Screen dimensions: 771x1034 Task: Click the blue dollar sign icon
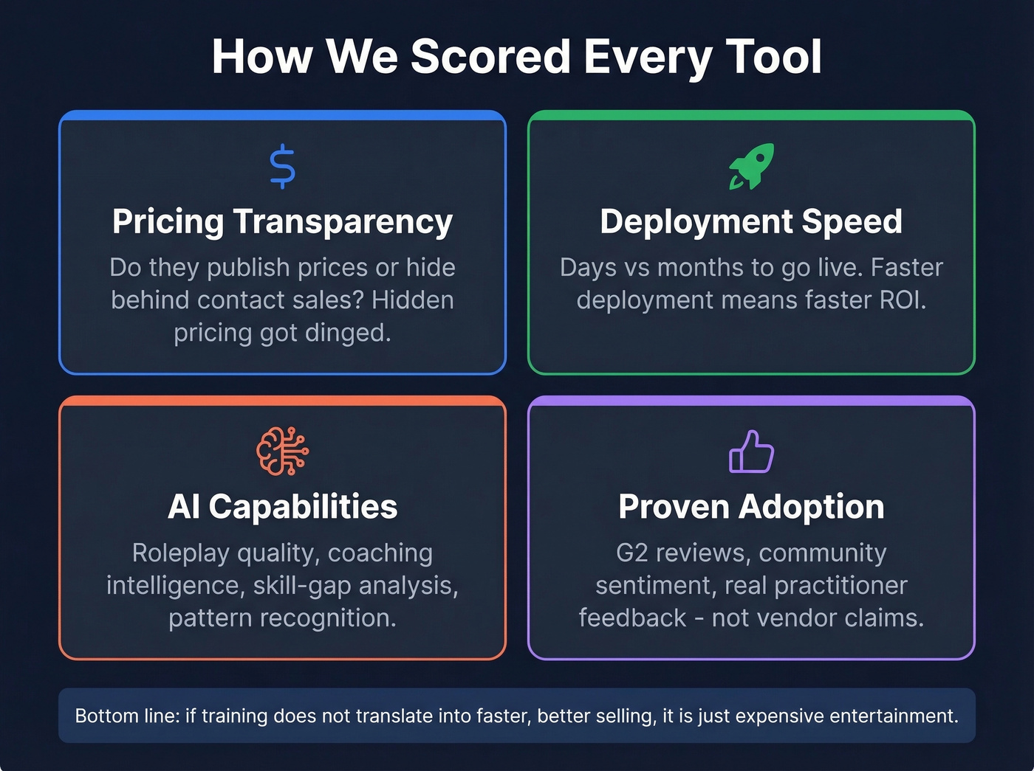(x=282, y=167)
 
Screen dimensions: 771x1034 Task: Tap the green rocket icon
(x=751, y=166)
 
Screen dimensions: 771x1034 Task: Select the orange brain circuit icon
(x=282, y=451)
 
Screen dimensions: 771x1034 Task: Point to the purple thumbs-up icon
(x=751, y=452)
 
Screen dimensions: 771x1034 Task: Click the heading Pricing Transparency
(x=282, y=221)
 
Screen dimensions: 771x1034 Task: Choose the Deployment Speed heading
(x=751, y=221)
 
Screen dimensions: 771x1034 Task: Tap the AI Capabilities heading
(x=282, y=507)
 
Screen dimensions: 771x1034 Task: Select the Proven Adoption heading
(x=751, y=507)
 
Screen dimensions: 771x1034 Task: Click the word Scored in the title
(x=490, y=57)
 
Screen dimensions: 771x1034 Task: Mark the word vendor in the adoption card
(x=797, y=618)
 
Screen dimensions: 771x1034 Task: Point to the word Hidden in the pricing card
(x=412, y=300)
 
